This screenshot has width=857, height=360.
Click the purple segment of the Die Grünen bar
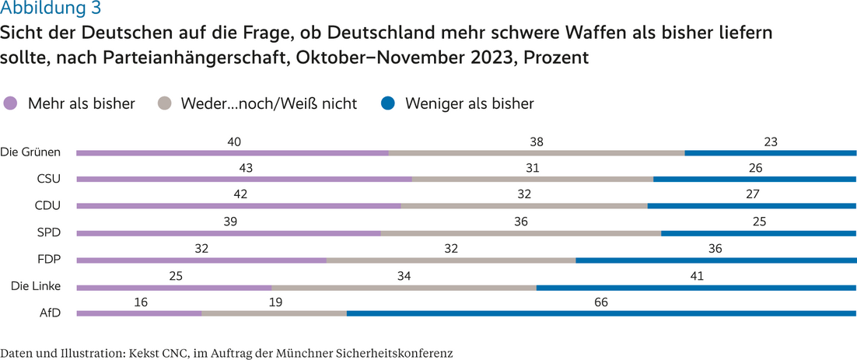232,152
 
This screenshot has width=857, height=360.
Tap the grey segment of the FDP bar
451,260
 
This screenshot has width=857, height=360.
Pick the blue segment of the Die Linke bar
696,287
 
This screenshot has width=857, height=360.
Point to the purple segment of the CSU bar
243,179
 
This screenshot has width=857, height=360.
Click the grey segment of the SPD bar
520,232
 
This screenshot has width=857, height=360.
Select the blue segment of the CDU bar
751,206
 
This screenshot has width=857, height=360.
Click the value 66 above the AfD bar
600,302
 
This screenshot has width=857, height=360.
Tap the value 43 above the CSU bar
246,168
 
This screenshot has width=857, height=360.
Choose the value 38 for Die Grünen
535,142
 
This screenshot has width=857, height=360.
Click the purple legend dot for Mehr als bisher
11,103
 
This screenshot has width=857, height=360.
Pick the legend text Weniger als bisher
469,103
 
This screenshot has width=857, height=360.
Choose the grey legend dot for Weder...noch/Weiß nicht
164,103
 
